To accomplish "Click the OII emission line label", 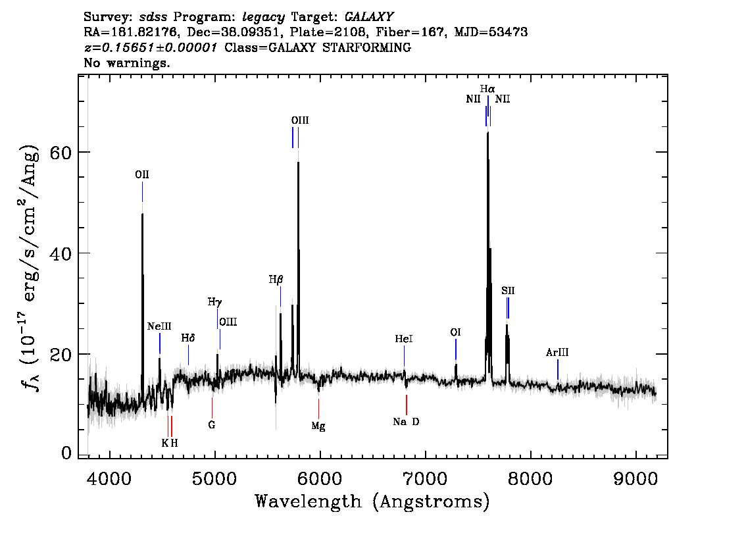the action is pos(142,174).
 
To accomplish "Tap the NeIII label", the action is pos(159,326).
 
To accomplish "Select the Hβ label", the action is pos(276,280).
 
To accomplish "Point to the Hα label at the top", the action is pos(487,89).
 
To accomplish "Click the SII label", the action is pos(508,291).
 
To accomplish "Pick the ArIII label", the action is pos(557,353).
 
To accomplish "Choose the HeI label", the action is pos(403,339).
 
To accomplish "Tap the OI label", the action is pos(455,332).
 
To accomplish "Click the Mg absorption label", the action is pos(318,426).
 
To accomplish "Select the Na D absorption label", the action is pos(406,422).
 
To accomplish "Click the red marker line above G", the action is pos(212,408).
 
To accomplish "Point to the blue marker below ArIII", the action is pos(558,370).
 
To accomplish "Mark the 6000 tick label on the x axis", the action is pos(319,478).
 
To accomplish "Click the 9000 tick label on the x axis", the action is pos(635,478).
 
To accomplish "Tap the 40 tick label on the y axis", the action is pos(61,253).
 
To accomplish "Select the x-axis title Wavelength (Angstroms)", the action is pos(372,501).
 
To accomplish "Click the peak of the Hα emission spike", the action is pos(487,133).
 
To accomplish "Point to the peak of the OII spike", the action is pos(142,214).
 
